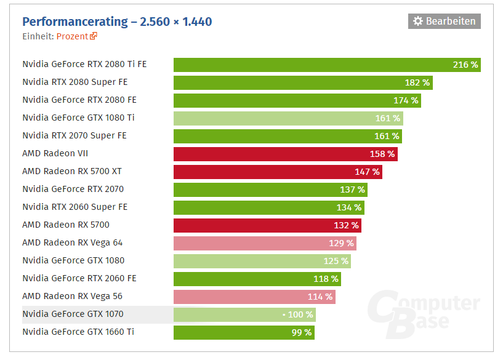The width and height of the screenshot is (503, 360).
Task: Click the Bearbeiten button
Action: click(444, 21)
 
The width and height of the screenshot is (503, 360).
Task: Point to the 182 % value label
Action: click(417, 82)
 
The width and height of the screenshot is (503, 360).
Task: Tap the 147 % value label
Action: click(367, 172)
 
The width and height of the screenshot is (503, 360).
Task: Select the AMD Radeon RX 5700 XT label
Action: click(72, 171)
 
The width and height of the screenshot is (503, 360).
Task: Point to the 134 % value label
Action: click(349, 207)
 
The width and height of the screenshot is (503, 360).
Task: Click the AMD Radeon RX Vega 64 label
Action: click(73, 242)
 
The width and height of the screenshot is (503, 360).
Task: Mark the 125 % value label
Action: click(336, 261)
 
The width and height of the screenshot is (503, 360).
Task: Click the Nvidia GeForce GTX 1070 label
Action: click(73, 314)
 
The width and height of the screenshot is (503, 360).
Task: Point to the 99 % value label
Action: click(302, 333)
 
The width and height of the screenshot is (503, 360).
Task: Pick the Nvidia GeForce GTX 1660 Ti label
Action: click(78, 332)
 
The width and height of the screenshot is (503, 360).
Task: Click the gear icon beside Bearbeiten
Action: click(418, 21)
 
